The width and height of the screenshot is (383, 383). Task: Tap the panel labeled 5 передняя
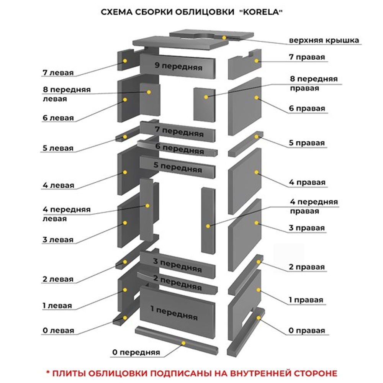[x=178, y=167]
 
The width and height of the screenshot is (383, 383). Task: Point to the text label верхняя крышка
[x=324, y=40]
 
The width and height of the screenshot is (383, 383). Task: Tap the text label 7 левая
[x=58, y=72]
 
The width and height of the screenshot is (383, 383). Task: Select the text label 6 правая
[x=307, y=108]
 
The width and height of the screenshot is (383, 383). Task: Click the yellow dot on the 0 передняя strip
[x=184, y=343]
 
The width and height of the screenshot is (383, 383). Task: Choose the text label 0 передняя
[x=136, y=352]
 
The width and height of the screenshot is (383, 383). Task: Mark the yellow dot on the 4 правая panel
[x=256, y=172]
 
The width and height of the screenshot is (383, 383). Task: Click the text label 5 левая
[x=58, y=148]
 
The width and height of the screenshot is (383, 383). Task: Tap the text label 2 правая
[x=307, y=267]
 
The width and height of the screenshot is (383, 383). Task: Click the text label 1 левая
[x=57, y=306]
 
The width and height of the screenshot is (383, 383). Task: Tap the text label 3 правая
[x=307, y=228]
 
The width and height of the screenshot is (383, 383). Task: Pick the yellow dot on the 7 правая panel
[x=257, y=61]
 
